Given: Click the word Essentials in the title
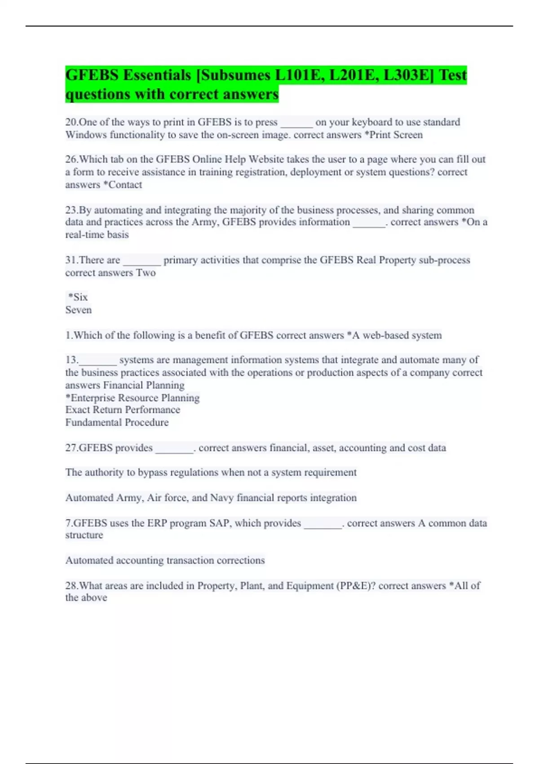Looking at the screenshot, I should click(x=157, y=75).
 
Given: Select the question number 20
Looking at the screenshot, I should click(x=71, y=122).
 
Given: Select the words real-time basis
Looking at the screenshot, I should click(x=97, y=235).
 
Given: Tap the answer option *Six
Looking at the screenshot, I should click(x=78, y=297).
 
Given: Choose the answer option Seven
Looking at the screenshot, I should click(x=79, y=310).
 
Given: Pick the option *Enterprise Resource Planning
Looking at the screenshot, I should click(x=133, y=398).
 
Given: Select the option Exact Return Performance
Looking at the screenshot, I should click(x=123, y=410).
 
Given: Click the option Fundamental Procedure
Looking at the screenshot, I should click(x=117, y=422).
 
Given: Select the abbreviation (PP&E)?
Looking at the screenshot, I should click(x=356, y=586).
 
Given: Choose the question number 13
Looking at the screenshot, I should click(x=71, y=360).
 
